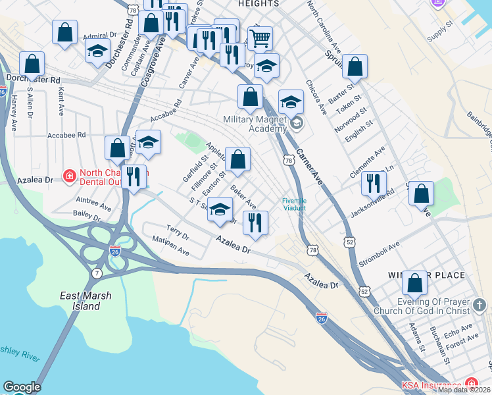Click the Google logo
coord(22,388)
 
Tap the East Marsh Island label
coord(80,301)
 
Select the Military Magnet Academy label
coord(255,124)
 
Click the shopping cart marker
coord(260,39)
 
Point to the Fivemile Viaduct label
coord(294,204)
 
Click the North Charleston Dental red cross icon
coord(68,176)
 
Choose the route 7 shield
coord(97,273)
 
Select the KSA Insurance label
coord(432,386)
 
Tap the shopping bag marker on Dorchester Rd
coord(32,65)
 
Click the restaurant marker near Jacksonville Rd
coord(374,184)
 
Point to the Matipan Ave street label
coord(171,248)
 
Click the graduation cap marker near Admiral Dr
coord(97,51)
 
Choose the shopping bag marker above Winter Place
coord(414,283)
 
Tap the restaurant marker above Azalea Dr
coord(255,223)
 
